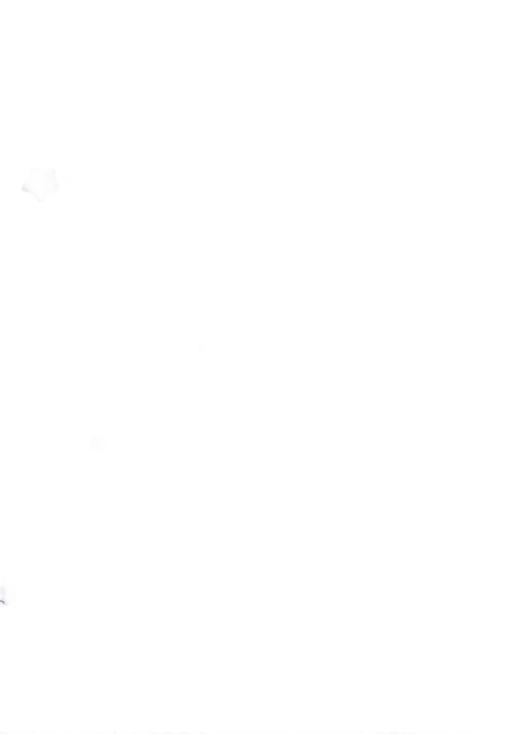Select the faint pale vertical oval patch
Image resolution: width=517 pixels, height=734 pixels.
[x=234, y=213]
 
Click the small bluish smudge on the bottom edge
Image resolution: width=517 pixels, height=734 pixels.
[x=115, y=732]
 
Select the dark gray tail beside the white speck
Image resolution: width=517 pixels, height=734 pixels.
[x=8, y=603]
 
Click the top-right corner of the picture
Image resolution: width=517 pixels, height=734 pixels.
[x=516, y=0]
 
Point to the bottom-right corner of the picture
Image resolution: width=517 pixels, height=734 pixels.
[x=516, y=733]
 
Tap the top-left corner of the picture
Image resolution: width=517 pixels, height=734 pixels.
[x=0, y=0]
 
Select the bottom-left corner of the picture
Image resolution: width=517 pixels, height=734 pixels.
[x=0, y=733]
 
